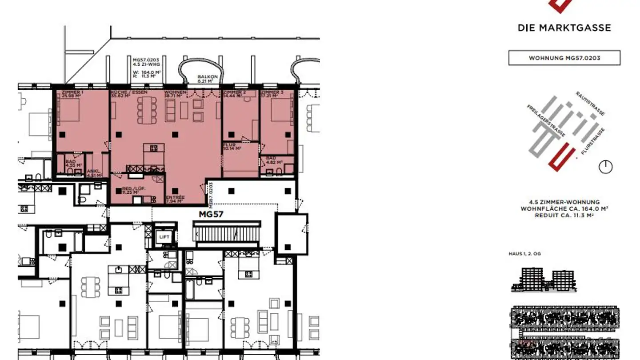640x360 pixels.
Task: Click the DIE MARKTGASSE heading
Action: point(564,28)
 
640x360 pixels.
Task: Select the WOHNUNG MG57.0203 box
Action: point(564,58)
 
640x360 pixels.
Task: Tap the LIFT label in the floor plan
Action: point(164,237)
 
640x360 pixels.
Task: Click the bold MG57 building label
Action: point(211,214)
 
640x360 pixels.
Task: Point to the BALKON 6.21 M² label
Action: point(208,79)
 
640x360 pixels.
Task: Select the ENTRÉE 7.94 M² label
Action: point(174,199)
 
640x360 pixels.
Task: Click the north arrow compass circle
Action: point(605,167)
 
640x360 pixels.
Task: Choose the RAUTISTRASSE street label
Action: point(590,104)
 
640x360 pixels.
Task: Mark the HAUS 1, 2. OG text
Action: point(525,254)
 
